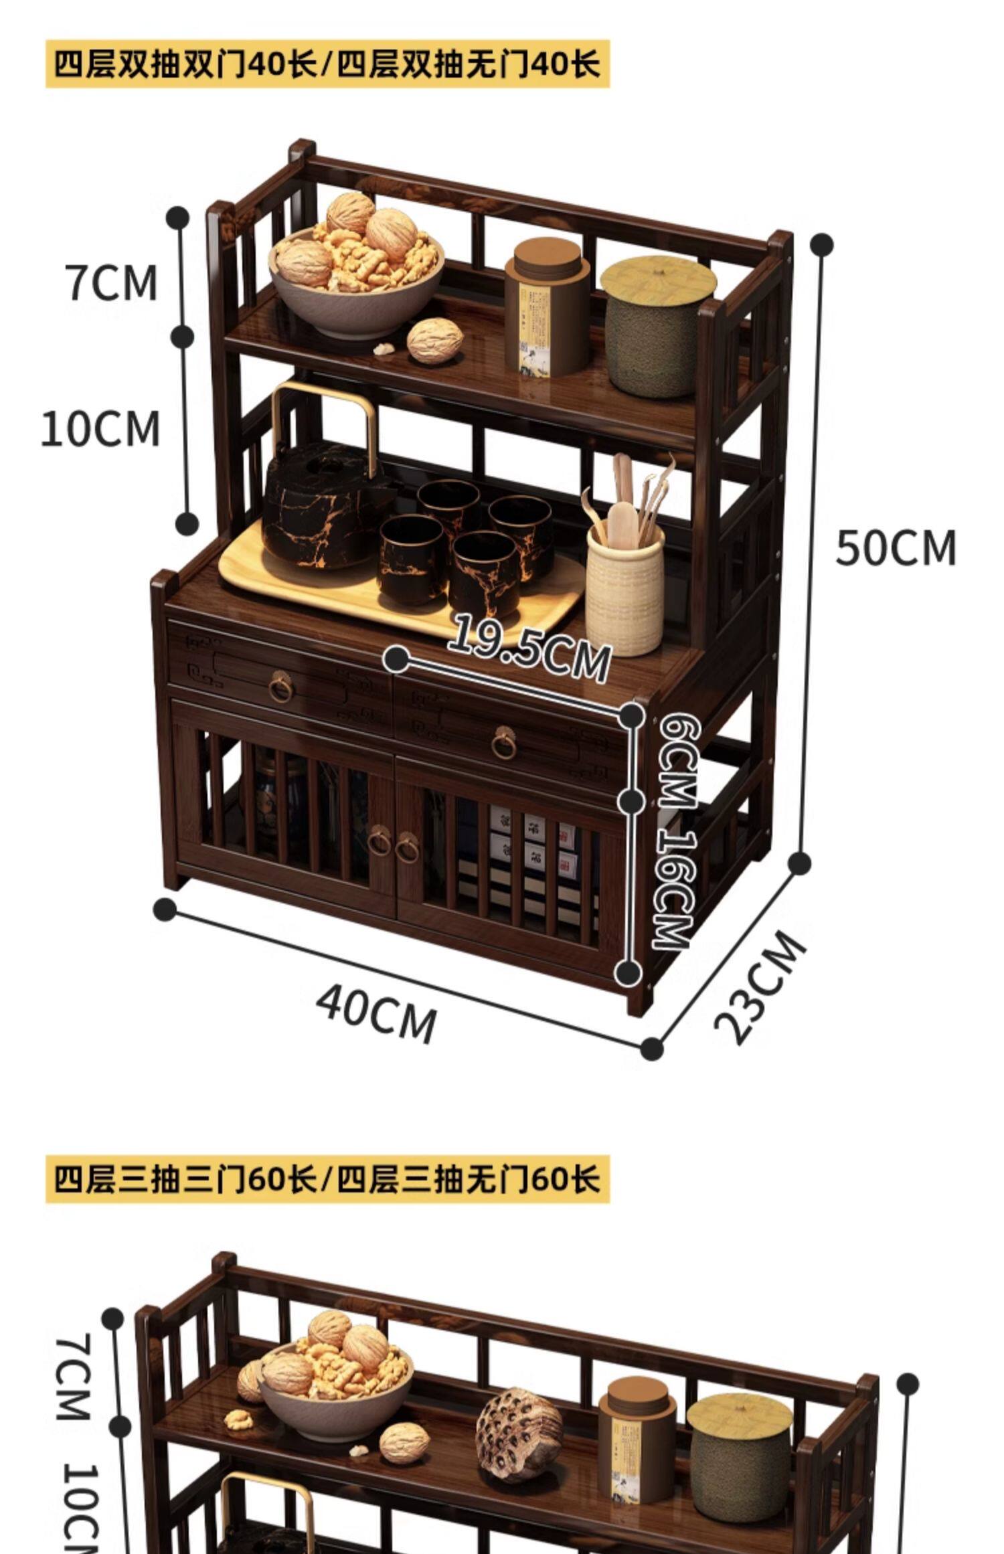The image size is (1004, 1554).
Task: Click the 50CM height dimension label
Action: [x=896, y=548]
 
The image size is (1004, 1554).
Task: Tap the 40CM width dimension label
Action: [x=376, y=1015]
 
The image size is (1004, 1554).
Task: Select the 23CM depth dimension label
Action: [x=760, y=988]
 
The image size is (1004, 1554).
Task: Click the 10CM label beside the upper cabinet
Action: [x=100, y=429]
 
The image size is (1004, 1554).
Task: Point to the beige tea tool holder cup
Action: [x=624, y=588]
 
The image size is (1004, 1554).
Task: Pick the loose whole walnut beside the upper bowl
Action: [x=434, y=341]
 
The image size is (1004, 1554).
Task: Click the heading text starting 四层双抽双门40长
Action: [x=327, y=64]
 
